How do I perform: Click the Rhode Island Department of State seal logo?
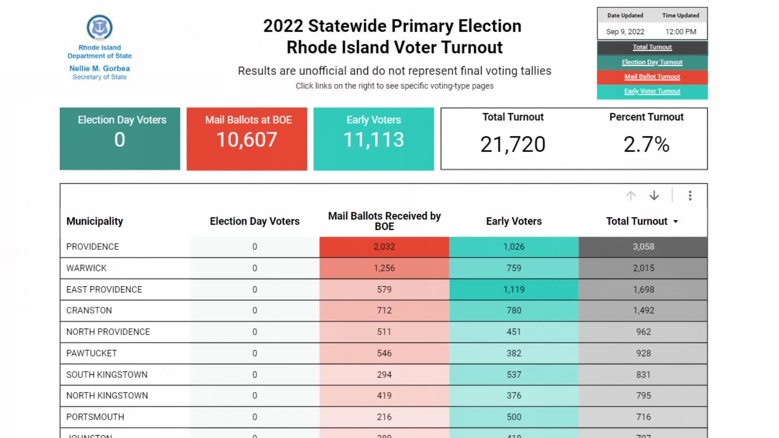coord(99,28)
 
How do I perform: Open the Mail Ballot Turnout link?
coord(652,77)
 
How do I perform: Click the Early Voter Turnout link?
coord(652,91)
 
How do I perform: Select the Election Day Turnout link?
coord(652,62)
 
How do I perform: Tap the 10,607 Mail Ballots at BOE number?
coord(247,140)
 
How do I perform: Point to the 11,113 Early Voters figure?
coord(374,140)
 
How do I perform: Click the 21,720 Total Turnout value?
coord(513,144)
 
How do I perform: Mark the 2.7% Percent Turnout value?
coord(646,144)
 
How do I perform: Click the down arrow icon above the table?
coord(654,196)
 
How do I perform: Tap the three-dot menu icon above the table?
coord(690,196)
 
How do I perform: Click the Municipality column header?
coord(95,221)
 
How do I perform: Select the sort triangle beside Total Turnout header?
coord(676,221)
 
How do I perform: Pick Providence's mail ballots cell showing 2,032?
coord(384,247)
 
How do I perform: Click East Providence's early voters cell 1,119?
coord(514,290)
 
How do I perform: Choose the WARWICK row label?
coord(86,268)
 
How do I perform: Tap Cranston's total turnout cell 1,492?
coord(643,311)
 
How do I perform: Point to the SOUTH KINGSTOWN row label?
coord(107,375)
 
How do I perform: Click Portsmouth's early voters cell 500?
coord(514,417)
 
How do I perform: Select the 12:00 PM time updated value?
coord(680,32)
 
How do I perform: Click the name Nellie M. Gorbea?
coord(99,69)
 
